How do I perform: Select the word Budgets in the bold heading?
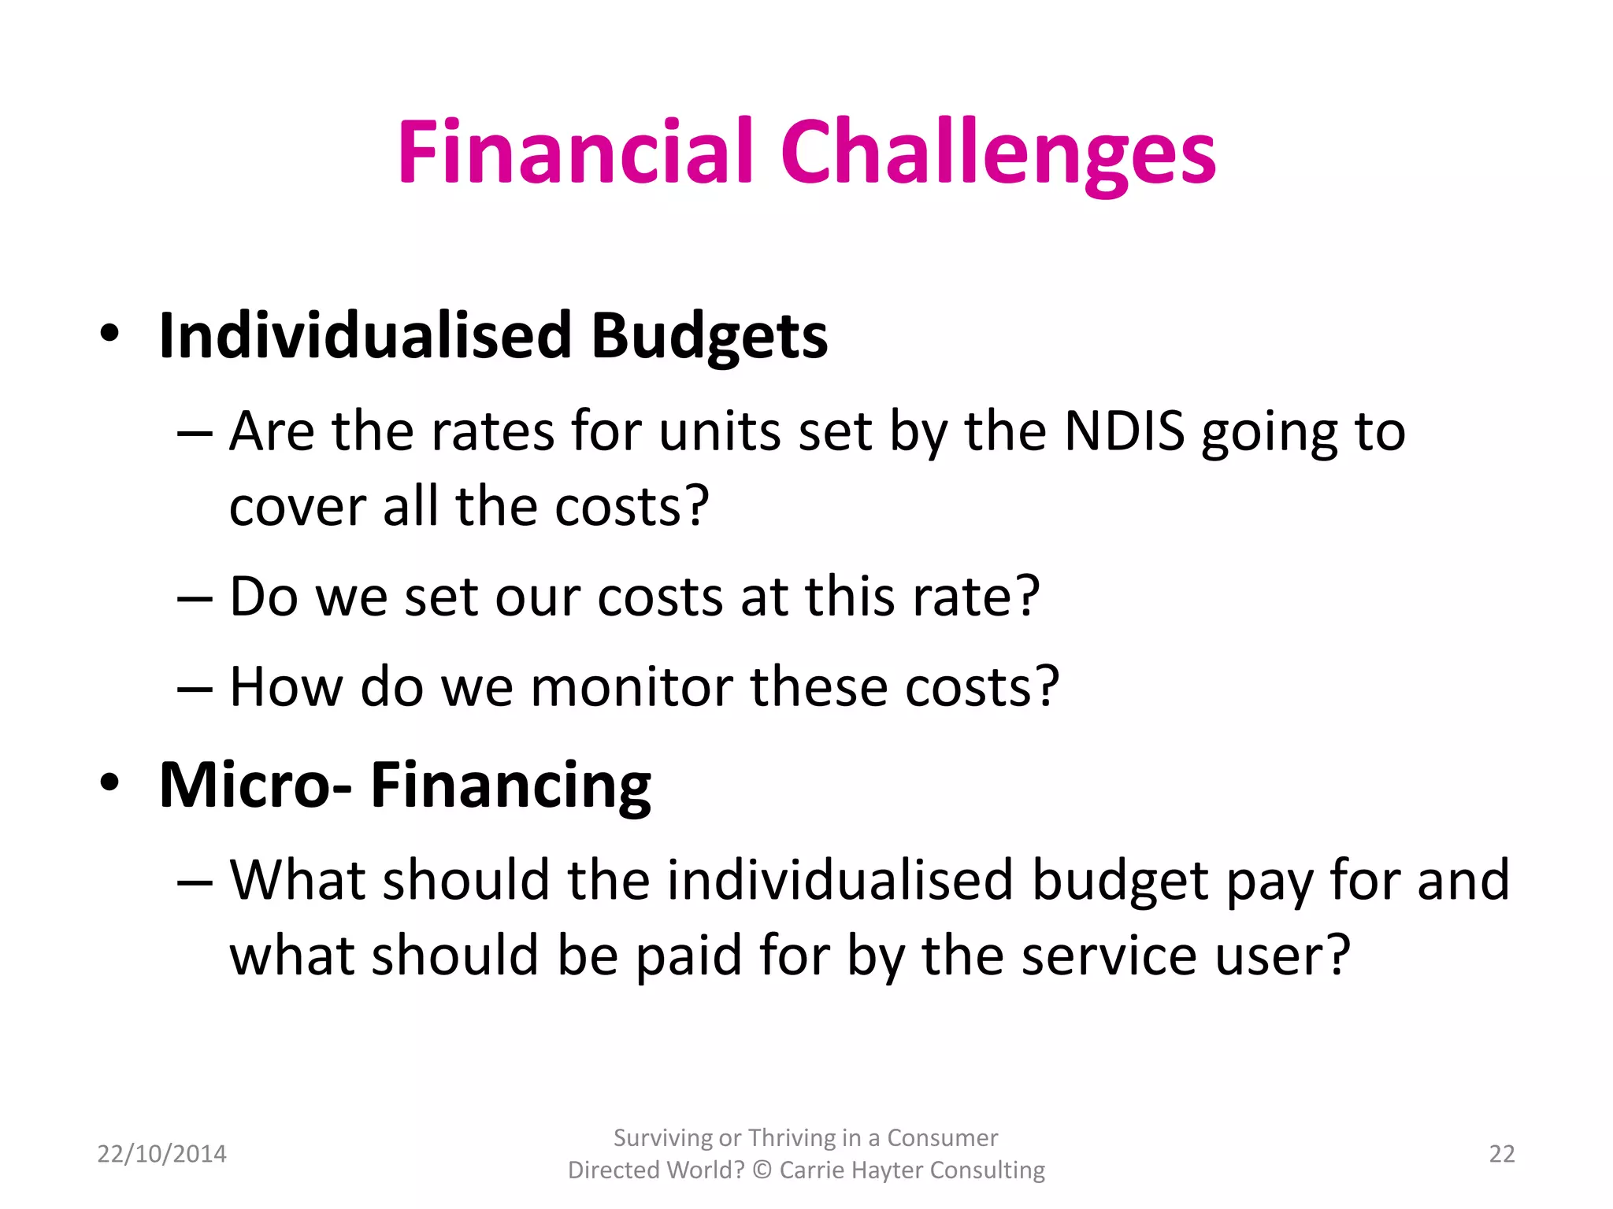[709, 337]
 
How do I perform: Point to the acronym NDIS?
[1124, 431]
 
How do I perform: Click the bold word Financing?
[510, 785]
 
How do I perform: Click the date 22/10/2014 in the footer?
[161, 1154]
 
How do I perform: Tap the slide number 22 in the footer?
[1501, 1154]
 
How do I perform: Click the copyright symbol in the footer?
[761, 1170]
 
